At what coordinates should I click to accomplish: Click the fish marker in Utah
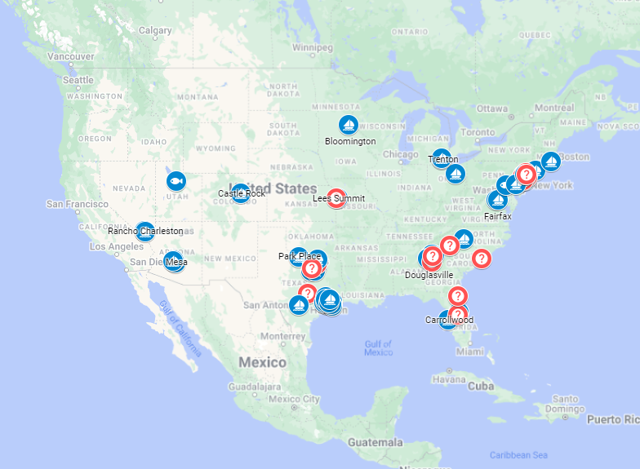click(x=176, y=180)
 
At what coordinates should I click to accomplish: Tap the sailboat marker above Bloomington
click(x=349, y=125)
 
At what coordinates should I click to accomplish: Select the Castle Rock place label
click(x=242, y=193)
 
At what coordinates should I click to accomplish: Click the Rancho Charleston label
click(x=145, y=231)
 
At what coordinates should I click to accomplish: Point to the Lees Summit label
click(x=339, y=198)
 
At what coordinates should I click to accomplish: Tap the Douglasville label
click(x=429, y=275)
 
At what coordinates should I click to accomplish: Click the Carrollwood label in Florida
click(x=449, y=320)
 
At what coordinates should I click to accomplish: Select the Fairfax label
click(x=497, y=216)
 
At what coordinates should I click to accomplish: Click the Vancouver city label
click(x=71, y=56)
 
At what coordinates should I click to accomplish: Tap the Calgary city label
click(x=155, y=31)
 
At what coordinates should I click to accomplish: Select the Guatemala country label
click(x=375, y=442)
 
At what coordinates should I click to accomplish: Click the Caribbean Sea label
click(x=518, y=454)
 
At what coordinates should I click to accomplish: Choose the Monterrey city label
click(x=282, y=336)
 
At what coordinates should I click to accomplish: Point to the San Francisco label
click(x=77, y=204)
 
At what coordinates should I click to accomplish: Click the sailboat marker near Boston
click(x=551, y=161)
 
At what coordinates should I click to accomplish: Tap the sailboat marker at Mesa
click(x=173, y=261)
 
